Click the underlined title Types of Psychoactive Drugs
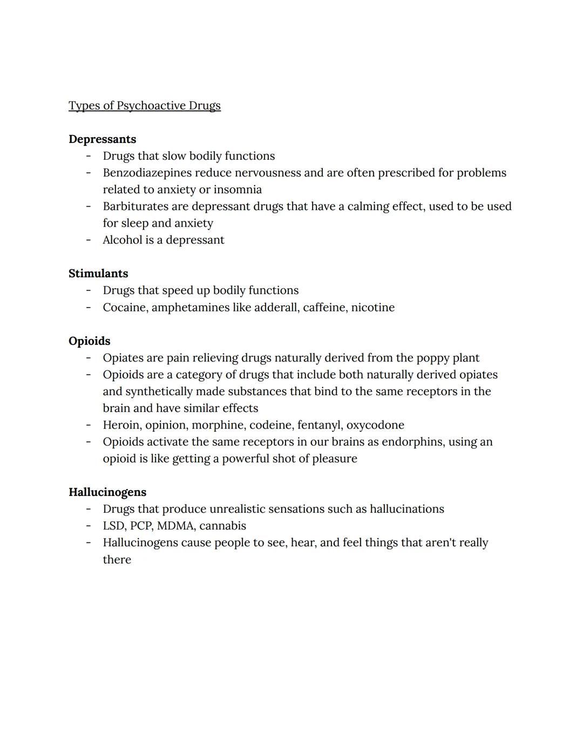145,106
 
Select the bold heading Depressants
102,139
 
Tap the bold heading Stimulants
98,274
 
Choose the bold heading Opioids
89,341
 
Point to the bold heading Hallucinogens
107,492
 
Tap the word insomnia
238,189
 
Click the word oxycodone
375,425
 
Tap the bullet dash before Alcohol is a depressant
88,240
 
